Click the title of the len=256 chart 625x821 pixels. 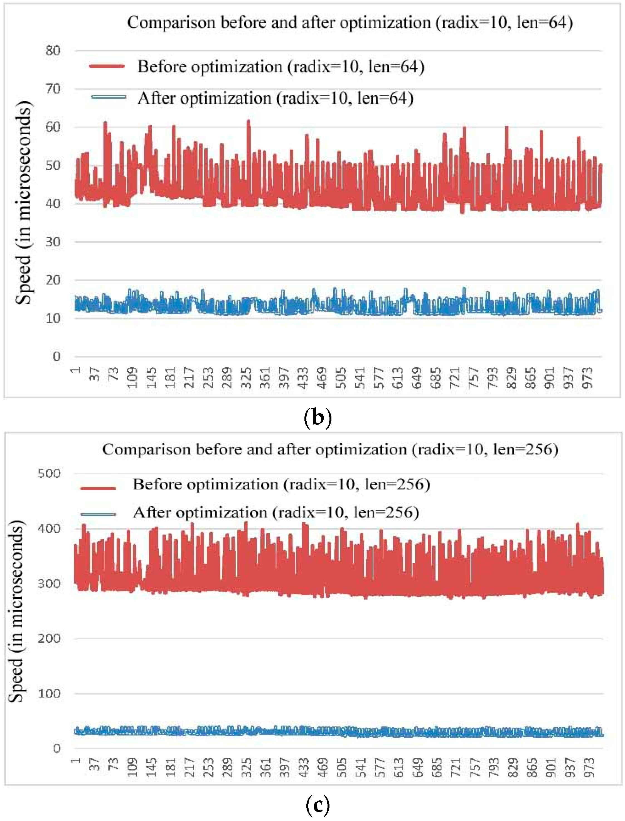tap(330, 449)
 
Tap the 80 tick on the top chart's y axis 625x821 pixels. tap(53, 51)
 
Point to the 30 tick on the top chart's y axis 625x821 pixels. tap(53, 242)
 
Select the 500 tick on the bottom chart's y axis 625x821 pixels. tap(49, 474)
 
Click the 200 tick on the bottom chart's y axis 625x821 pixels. tap(49, 639)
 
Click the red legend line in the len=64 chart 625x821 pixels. tap(107, 66)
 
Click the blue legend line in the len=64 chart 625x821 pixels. tap(108, 98)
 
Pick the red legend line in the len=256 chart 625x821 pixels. tap(98, 488)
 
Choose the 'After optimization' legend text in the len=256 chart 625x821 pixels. tap(276, 512)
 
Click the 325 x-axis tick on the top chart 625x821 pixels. tap(246, 377)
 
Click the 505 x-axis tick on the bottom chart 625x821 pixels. tap(341, 768)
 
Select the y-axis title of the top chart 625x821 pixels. tap(23, 203)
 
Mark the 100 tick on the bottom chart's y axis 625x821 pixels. tap(49, 693)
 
